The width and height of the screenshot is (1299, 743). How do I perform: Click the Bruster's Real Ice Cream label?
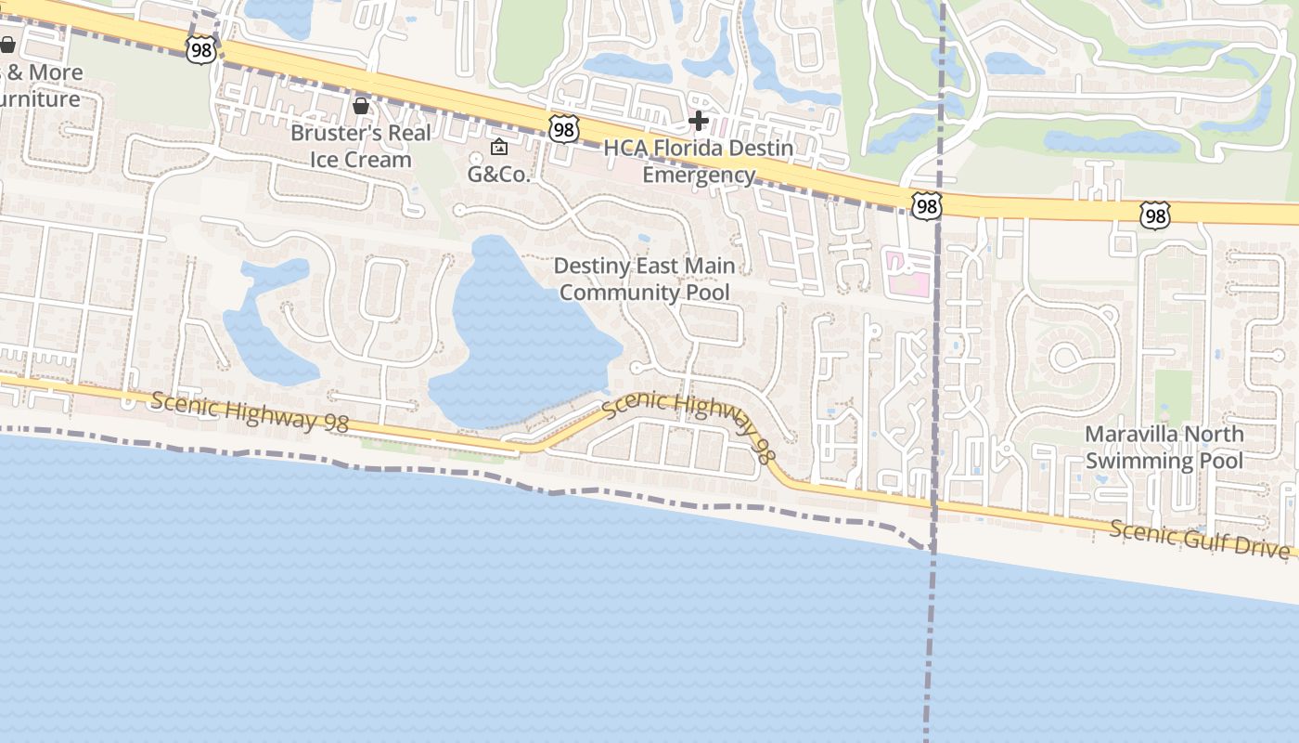360,146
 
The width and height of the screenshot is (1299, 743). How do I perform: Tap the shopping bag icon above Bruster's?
361,107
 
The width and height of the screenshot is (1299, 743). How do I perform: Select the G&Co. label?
498,174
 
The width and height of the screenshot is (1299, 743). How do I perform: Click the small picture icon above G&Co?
499,147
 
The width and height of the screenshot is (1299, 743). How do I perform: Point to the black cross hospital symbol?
698,121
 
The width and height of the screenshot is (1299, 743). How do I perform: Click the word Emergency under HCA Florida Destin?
699,175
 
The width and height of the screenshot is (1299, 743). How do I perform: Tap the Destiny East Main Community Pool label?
644,279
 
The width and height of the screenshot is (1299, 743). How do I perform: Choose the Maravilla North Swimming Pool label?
1164,447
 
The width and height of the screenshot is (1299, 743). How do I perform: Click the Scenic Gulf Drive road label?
1199,538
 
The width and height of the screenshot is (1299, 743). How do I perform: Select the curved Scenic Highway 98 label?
688,423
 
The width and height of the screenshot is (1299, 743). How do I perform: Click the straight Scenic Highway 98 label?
249,411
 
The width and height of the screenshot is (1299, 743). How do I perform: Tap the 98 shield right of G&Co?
563,129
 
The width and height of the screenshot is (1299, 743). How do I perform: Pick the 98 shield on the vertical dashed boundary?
926,206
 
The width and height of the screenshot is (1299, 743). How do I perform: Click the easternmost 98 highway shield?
1155,216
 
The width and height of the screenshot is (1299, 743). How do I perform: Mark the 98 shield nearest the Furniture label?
200,50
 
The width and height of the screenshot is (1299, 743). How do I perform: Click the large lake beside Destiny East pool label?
524,330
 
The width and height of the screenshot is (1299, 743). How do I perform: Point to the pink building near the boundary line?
904,275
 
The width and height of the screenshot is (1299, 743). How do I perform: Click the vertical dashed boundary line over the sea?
929,650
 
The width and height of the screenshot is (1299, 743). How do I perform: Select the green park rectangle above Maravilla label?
1173,395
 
